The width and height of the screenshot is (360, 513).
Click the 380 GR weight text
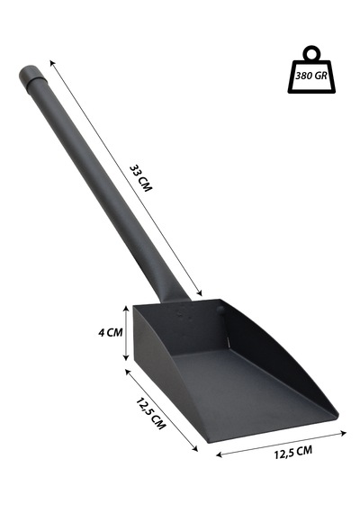click(x=311, y=76)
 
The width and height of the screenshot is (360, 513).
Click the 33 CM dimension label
click(x=141, y=178)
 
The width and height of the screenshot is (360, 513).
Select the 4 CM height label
click(x=111, y=332)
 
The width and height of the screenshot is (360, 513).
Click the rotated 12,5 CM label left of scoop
click(x=151, y=413)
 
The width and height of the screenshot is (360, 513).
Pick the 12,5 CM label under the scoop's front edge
click(x=293, y=452)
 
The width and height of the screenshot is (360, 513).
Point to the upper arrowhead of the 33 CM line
click(x=52, y=63)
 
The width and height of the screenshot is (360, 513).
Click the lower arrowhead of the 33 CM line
click(x=200, y=292)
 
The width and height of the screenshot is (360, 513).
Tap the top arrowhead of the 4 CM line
click(x=126, y=309)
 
